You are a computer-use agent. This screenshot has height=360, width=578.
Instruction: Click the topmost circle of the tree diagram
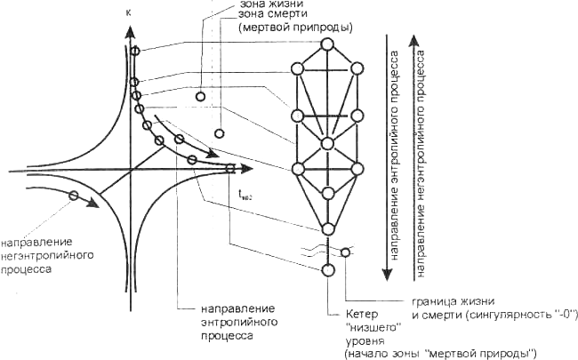coord(327,43)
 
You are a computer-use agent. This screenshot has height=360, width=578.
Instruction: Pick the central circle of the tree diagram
coord(327,142)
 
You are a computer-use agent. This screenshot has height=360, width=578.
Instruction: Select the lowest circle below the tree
coord(328,270)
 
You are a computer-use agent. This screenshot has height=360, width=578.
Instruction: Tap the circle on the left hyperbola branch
coord(74,196)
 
